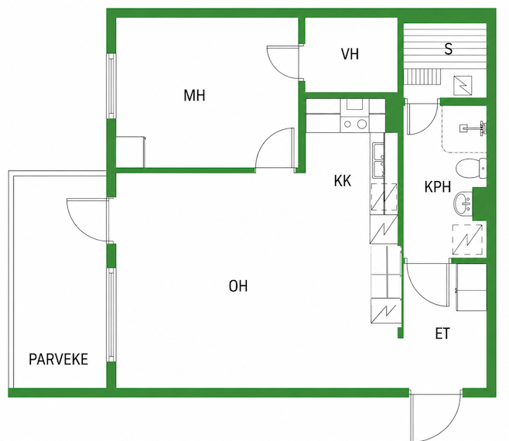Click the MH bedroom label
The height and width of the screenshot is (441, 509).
tap(194, 95)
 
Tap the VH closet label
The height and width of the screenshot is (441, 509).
tap(350, 54)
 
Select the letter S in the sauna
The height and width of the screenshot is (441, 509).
tap(449, 49)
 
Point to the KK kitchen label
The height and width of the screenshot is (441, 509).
tap(343, 181)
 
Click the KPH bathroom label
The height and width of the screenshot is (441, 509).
tap(438, 187)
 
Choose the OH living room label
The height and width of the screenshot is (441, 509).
tap(238, 286)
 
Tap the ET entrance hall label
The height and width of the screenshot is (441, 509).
tap(442, 333)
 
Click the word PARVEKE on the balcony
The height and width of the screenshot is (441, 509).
tap(59, 360)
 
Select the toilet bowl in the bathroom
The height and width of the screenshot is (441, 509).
tap(471, 169)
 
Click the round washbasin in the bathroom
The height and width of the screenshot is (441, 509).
tap(463, 203)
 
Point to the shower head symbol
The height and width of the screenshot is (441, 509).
tap(474, 128)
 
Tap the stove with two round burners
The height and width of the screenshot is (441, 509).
tap(354, 124)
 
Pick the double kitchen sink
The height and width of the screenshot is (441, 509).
tap(378, 160)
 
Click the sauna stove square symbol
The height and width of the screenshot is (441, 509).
tap(463, 85)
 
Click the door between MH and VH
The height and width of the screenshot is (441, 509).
tap(282, 62)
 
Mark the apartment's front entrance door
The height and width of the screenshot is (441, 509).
tap(436, 415)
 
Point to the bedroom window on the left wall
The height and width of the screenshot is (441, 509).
tap(111, 86)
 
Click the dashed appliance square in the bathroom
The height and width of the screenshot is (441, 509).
tap(467, 240)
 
